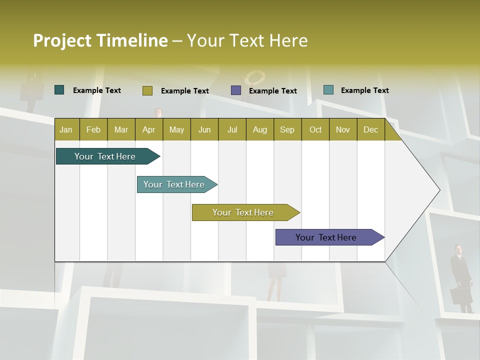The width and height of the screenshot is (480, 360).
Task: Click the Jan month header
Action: pos(66,129)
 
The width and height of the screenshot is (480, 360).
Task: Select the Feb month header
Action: pos(93,129)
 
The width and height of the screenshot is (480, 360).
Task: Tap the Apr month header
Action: pos(148,129)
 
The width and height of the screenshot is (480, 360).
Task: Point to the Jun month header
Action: pos(204,129)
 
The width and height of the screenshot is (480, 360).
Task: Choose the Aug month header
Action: pos(259,129)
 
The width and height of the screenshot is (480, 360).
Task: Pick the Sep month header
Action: pos(287,129)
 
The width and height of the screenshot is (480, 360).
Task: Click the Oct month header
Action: pos(315,129)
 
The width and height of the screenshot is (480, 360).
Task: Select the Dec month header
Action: pos(370,129)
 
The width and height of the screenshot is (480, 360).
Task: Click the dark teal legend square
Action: pos(59,90)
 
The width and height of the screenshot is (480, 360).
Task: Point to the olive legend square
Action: pos(147,90)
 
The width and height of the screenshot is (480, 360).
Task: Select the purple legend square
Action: pos(236,90)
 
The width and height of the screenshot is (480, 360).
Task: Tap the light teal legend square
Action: pos(328,90)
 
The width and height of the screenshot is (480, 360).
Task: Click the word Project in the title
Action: pos(62,40)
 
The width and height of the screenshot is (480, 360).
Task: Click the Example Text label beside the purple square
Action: pos(272,91)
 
